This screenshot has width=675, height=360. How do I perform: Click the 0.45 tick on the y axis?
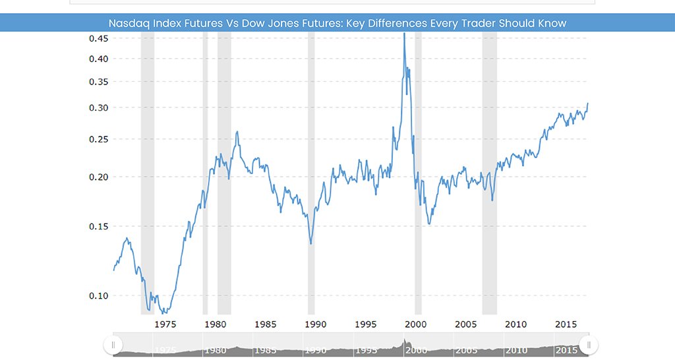point(99,38)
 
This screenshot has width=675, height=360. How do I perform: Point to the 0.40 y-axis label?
point(99,59)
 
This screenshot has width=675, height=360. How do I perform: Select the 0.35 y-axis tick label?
point(99,81)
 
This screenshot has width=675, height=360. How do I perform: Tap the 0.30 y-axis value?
point(99,107)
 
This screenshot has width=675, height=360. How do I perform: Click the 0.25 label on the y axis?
point(99,139)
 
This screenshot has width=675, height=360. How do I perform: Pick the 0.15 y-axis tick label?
point(99,226)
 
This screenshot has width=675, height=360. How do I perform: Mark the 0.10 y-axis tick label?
point(99,296)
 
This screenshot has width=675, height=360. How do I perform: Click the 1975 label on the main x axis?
point(165,324)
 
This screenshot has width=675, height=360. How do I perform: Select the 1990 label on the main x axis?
point(316,324)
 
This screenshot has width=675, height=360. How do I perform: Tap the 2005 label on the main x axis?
point(466,324)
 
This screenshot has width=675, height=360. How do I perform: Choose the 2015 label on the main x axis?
point(566,324)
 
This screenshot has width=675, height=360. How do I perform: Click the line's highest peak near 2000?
point(404,34)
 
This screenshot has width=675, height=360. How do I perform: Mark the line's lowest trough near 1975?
point(164,313)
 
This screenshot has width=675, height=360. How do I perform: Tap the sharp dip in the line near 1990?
point(311,244)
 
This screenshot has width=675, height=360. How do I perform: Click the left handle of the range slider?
point(113,345)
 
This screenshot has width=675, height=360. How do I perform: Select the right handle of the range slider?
point(589,345)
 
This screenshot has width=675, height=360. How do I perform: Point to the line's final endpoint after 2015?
point(587,104)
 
